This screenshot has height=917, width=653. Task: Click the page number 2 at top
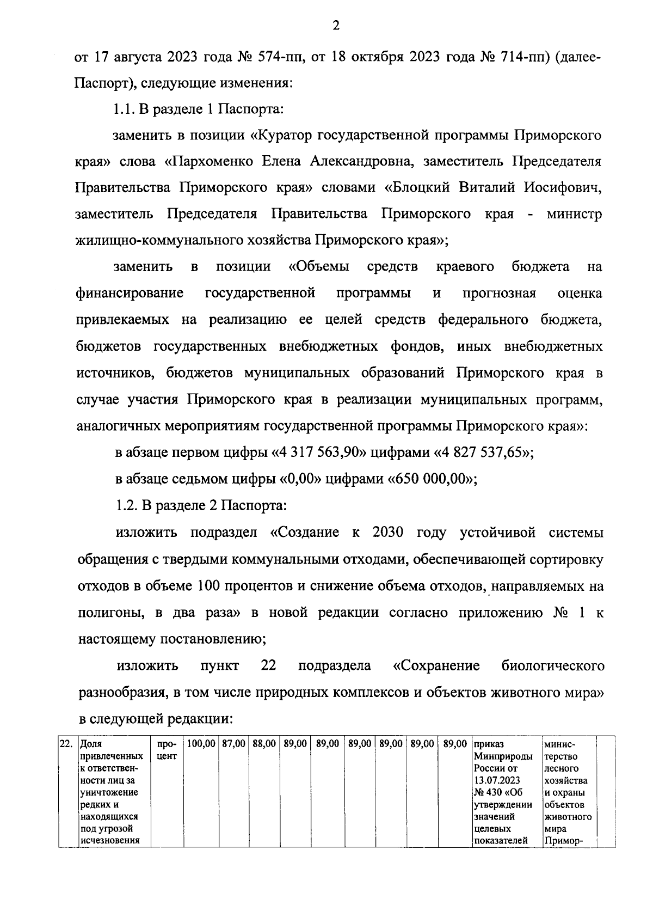(x=335, y=26)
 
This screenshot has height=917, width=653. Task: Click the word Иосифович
(x=563, y=188)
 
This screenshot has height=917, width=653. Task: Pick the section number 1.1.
(x=124, y=109)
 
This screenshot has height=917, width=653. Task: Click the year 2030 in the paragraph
(x=387, y=532)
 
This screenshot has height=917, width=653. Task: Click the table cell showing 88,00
(x=264, y=743)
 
